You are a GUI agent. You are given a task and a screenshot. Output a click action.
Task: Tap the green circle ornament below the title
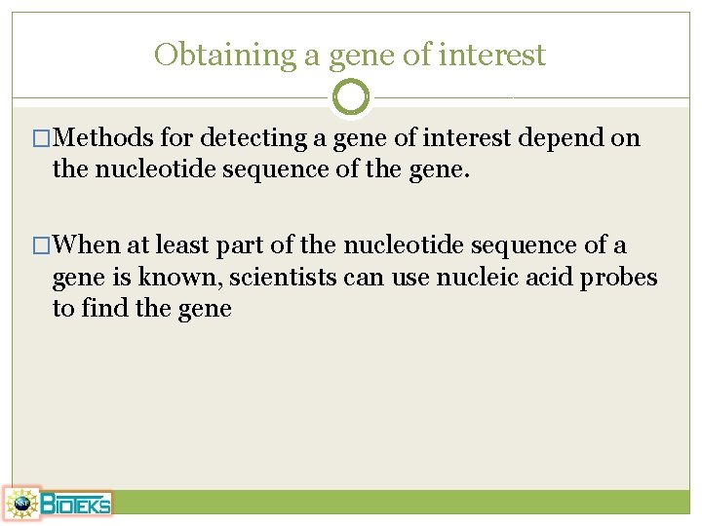(351, 96)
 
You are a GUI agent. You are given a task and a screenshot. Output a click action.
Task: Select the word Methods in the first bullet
(109, 138)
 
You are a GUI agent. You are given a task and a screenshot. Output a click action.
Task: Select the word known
(177, 278)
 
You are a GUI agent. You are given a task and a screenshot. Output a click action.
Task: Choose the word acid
(548, 278)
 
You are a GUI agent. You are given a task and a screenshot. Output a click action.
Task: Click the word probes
(620, 278)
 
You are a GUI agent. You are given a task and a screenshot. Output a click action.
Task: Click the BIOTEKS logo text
(75, 504)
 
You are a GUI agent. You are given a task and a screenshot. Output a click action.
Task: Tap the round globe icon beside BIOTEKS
(20, 504)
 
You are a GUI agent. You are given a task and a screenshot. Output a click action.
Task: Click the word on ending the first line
(625, 138)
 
